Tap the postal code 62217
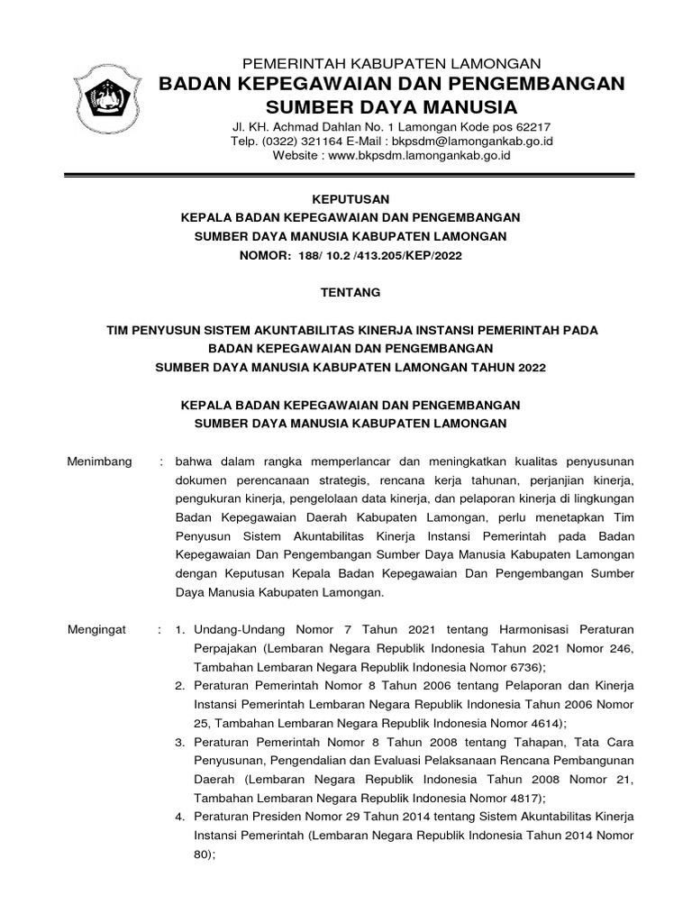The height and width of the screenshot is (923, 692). click(x=533, y=126)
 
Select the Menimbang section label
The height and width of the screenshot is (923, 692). click(x=100, y=461)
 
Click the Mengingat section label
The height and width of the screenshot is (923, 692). click(x=97, y=627)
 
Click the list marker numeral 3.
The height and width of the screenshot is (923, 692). click(x=178, y=742)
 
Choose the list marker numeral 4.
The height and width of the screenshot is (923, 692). click(x=178, y=818)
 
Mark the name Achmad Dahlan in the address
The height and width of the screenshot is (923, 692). click(x=303, y=126)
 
